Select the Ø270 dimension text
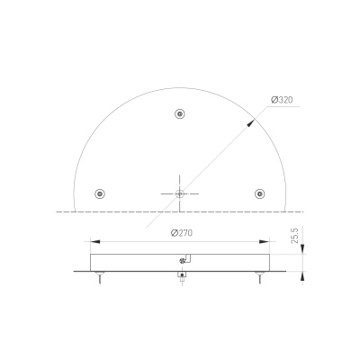182,233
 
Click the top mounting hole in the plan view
180,114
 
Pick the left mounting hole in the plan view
100,193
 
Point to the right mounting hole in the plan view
260,193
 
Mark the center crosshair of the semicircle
180,193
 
